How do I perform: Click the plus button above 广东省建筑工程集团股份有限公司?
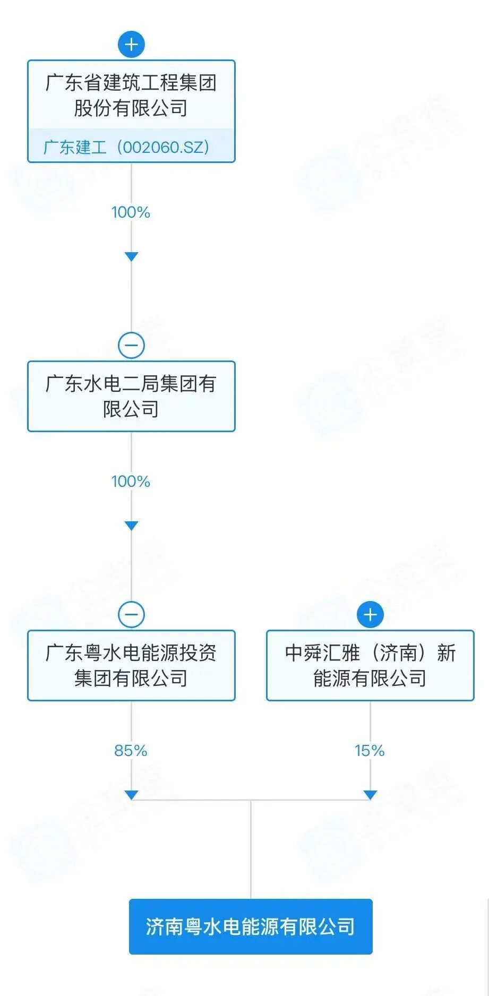131,44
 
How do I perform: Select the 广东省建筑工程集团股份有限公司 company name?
131,96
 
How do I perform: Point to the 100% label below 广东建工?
131,212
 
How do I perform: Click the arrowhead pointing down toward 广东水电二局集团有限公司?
131,256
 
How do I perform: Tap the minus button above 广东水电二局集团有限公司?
131,346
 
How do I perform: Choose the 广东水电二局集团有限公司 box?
131,396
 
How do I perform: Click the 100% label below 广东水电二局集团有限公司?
131,482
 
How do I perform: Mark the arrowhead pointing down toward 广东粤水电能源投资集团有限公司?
131,526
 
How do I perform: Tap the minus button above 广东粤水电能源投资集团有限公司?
131,615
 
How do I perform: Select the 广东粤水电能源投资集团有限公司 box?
131,665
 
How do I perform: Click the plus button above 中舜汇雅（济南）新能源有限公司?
370,615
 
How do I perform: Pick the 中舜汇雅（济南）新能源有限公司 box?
370,665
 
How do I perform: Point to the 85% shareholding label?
131,751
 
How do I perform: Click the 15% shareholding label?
370,751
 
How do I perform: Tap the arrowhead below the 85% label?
131,795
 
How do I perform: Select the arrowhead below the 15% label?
370,795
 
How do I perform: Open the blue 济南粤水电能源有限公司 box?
251,926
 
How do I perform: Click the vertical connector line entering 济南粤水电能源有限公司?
251,849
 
